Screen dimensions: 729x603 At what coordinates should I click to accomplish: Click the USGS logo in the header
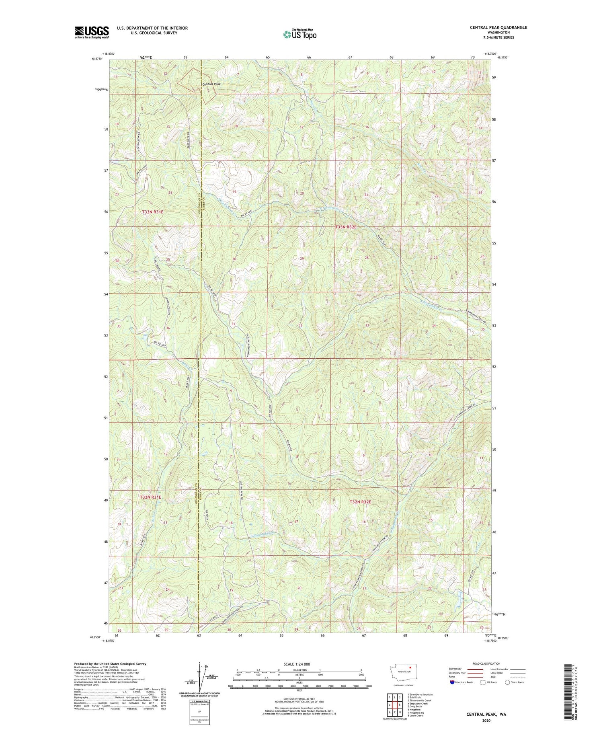pyautogui.click(x=92, y=32)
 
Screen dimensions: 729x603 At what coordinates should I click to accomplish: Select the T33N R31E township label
pyautogui.click(x=153, y=212)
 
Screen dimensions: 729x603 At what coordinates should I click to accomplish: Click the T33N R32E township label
pyautogui.click(x=346, y=227)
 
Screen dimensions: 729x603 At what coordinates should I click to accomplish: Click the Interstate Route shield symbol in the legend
pyautogui.click(x=452, y=682)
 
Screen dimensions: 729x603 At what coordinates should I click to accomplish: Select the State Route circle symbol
pyautogui.click(x=508, y=682)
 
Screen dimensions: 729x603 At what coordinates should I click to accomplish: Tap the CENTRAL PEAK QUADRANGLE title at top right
pyautogui.click(x=498, y=27)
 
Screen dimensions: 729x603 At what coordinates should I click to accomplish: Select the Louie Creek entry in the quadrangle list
pyautogui.click(x=416, y=715)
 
